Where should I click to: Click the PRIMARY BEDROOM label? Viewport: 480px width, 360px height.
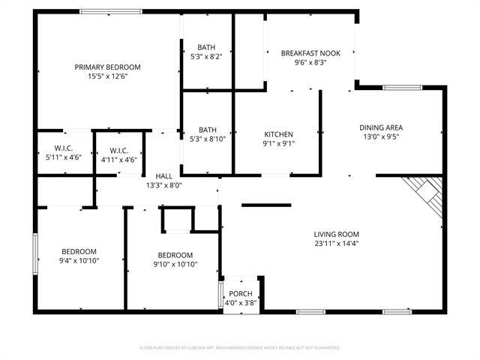tap(107, 67)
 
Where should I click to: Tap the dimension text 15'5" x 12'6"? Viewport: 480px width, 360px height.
tap(107, 76)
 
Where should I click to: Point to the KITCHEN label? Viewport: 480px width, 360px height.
tap(277, 135)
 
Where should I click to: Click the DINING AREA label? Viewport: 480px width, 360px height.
tap(381, 127)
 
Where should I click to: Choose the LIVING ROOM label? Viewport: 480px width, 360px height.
tap(336, 234)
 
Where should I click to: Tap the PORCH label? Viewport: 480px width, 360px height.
tap(241, 293)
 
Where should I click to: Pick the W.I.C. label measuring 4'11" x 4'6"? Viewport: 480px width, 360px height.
tap(118, 150)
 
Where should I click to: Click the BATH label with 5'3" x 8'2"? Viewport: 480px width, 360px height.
tap(207, 46)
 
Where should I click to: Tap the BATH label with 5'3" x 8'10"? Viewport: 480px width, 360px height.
tap(207, 129)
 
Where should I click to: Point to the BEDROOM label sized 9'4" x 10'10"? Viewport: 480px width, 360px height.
tap(79, 251)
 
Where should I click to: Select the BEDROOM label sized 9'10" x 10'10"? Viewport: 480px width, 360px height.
tap(175, 255)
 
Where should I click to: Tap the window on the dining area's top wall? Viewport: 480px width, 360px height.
tap(397, 88)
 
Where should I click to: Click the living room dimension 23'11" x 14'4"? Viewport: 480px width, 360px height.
tap(336, 243)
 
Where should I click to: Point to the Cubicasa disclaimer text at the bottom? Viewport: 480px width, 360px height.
tap(240, 348)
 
